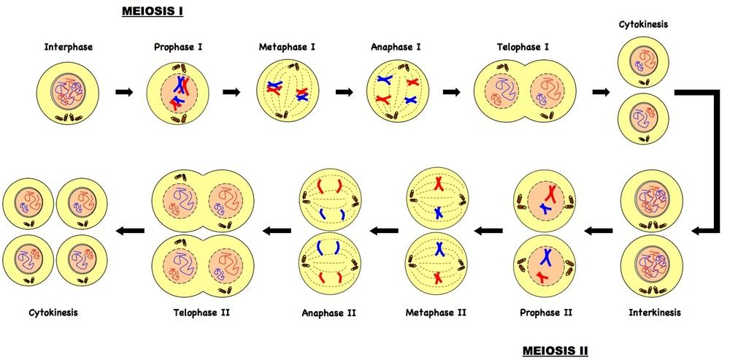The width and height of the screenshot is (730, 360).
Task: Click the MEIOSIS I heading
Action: [153, 11]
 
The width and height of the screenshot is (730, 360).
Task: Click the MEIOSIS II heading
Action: [556, 351]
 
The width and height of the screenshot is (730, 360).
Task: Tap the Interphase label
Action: [69, 47]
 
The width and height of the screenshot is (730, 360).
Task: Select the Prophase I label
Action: [178, 47]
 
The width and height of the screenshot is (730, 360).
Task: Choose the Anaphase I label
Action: [395, 47]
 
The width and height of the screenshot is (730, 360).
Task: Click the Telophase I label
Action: [519, 47]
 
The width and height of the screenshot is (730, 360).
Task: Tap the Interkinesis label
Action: [655, 312]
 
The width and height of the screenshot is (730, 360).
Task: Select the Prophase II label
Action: [545, 312]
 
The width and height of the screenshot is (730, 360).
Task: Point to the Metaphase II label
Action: [436, 312]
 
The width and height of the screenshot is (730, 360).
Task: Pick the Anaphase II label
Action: [328, 313]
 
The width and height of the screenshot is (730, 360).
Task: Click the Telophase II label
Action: [202, 312]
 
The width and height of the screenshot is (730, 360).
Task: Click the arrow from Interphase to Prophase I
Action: [124, 92]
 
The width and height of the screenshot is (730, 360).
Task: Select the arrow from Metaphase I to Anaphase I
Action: [345, 92]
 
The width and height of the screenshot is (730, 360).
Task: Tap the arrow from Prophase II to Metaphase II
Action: [488, 230]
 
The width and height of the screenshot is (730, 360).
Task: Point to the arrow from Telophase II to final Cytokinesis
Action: [131, 230]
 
